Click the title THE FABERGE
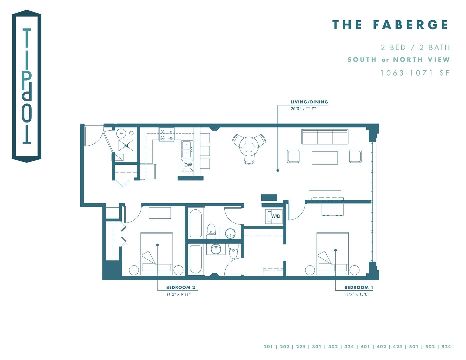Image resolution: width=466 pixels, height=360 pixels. click(x=390, y=25)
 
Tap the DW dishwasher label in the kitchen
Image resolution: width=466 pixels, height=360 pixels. click(x=188, y=165)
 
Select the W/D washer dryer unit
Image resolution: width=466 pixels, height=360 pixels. click(x=274, y=216)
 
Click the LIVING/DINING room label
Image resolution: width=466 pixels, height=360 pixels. click(x=309, y=102)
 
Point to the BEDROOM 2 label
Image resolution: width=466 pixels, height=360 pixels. click(x=180, y=287)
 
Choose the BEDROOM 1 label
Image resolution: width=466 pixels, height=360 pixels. click(x=359, y=287)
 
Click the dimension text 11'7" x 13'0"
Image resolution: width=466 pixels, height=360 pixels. click(x=357, y=294)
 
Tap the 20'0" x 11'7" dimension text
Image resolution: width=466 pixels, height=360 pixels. click(x=303, y=109)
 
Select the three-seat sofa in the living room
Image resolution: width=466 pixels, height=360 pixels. click(x=325, y=137)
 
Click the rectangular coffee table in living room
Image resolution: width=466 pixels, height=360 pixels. click(x=325, y=158)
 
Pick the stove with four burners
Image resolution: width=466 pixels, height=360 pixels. click(x=167, y=135)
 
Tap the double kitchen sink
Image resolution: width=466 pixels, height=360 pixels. click(x=187, y=149)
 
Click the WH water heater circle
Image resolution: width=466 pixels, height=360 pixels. click(x=121, y=134)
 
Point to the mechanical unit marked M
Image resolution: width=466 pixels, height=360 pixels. click(x=126, y=146)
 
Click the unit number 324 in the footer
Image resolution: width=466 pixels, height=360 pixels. click(x=349, y=347)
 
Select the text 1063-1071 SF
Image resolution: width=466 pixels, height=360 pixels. click(x=415, y=73)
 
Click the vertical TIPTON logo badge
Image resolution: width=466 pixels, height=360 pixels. click(x=27, y=86)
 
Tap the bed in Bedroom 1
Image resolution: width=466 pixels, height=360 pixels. click(x=332, y=253)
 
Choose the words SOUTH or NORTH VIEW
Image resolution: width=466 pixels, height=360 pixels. click(x=399, y=60)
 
